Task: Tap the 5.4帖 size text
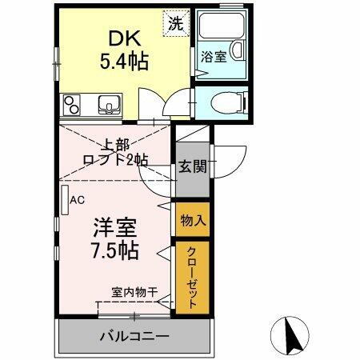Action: [122, 62]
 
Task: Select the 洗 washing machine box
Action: [174, 22]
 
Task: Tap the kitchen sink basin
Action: [108, 105]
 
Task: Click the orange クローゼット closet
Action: [192, 280]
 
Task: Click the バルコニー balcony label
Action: [134, 335]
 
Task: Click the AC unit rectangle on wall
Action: [63, 199]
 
